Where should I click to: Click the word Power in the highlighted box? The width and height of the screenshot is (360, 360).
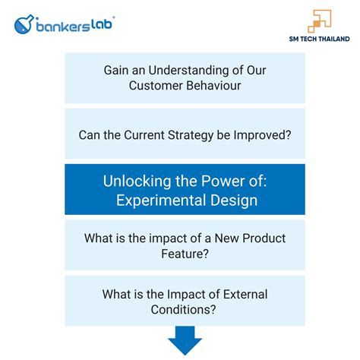coord(212,182)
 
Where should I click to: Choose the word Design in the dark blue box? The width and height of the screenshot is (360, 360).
coord(235,201)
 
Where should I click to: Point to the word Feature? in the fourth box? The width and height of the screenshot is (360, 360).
coord(185,254)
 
